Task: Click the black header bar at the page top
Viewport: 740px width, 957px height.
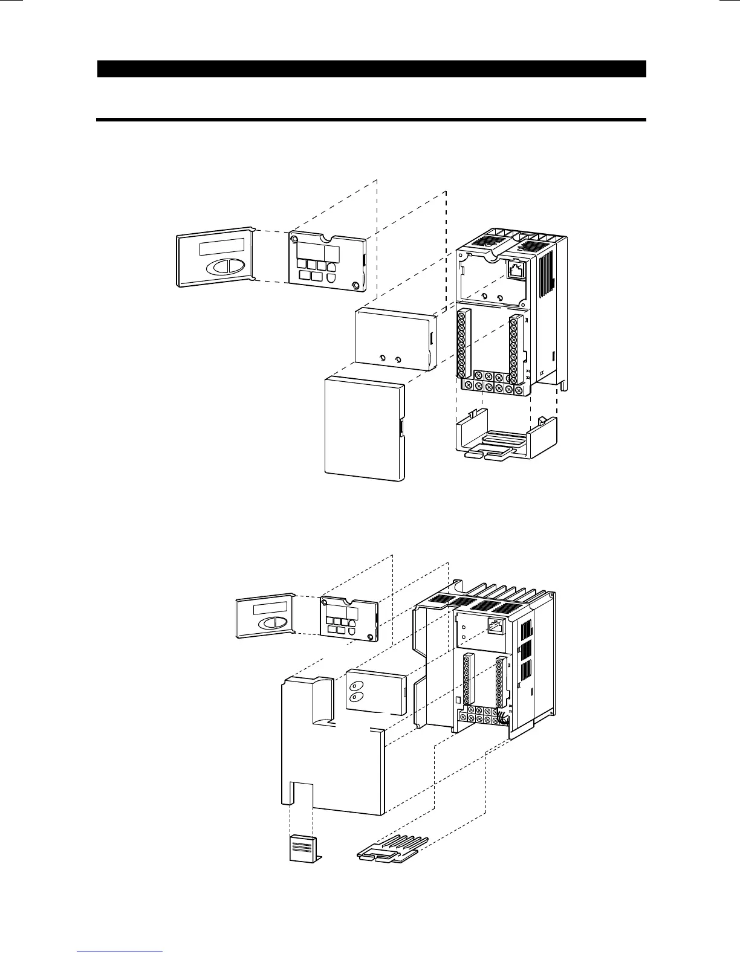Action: click(x=372, y=69)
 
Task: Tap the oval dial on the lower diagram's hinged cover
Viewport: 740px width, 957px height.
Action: click(x=270, y=623)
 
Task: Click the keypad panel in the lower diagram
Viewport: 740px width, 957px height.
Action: click(x=349, y=620)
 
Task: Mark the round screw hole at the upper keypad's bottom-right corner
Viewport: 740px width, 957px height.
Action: click(x=355, y=285)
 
